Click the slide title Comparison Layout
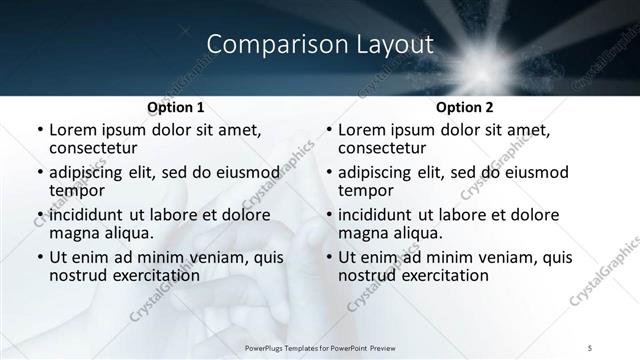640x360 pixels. (320, 44)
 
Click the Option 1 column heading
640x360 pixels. (176, 106)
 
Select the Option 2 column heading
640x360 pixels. (464, 106)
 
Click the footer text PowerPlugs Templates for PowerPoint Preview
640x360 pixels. (320, 348)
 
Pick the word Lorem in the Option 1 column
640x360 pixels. (73, 130)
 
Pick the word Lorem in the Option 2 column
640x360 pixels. (361, 130)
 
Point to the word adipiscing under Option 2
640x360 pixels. (379, 172)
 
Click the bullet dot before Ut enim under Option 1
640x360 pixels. (40, 258)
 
